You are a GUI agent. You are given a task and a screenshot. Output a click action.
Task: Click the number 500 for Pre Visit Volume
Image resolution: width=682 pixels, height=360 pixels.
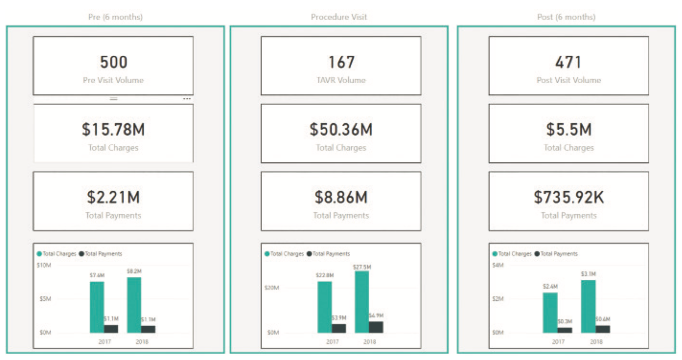click(113, 63)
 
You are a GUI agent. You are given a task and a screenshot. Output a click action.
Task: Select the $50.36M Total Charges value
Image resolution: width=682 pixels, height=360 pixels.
click(341, 130)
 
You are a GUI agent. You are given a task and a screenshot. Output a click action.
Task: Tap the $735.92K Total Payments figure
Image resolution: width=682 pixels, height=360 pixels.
click(568, 197)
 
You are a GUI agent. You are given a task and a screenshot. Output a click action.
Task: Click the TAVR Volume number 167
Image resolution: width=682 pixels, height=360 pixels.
click(341, 63)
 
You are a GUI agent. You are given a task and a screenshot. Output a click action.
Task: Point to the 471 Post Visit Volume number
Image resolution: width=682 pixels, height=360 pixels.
click(568, 63)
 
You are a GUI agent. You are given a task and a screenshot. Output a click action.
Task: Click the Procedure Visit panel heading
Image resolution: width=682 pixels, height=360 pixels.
click(339, 17)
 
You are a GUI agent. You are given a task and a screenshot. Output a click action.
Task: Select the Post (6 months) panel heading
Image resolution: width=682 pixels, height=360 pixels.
click(566, 17)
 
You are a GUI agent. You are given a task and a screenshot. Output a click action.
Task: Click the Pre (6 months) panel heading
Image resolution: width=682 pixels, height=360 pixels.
click(115, 17)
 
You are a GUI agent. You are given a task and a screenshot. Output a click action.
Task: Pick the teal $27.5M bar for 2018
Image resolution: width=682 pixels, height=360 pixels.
click(362, 302)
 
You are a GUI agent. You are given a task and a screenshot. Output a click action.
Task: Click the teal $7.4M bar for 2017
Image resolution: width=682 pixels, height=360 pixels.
click(97, 307)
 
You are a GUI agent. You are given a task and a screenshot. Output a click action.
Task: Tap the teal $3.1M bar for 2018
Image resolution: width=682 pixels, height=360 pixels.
click(588, 306)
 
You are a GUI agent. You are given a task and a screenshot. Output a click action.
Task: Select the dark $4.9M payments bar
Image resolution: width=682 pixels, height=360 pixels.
click(376, 327)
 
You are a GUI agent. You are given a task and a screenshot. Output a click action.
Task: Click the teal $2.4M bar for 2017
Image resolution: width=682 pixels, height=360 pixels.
click(550, 313)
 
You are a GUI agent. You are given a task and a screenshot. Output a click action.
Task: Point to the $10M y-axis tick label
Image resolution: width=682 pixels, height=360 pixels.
click(44, 265)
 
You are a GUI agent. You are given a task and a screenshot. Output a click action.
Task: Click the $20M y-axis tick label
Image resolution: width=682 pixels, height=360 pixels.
click(272, 288)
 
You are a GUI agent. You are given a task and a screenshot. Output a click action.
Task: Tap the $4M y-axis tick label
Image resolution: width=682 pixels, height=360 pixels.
click(498, 265)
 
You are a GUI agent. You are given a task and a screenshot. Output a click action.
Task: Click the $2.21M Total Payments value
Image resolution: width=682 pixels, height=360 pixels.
click(113, 197)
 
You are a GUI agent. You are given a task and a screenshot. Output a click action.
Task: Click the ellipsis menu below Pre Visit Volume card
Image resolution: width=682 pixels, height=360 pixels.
click(187, 99)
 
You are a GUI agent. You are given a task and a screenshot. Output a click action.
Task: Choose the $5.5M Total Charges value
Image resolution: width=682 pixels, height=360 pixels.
click(568, 130)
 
